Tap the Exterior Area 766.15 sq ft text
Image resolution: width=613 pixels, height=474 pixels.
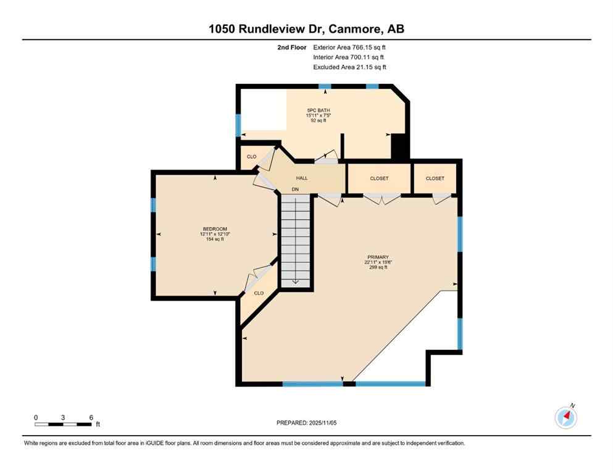click(x=350, y=47)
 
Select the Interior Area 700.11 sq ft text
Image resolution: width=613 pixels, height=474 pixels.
click(x=349, y=57)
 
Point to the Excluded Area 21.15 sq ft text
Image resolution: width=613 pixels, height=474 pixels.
click(x=349, y=67)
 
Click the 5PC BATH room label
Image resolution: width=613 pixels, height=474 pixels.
click(x=319, y=110)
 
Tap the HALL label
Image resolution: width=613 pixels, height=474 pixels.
click(x=302, y=178)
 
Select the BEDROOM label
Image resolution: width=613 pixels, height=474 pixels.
click(x=215, y=229)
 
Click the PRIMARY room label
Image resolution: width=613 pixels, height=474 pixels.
click(x=376, y=257)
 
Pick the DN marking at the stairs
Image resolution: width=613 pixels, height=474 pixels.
click(x=296, y=189)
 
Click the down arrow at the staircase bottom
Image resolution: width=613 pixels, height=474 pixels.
click(x=296, y=281)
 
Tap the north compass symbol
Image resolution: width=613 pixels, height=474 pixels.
click(x=565, y=417)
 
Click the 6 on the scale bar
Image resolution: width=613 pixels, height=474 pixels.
click(x=91, y=418)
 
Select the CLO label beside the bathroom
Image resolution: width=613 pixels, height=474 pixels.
click(x=251, y=157)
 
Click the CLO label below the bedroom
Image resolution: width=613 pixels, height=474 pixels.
click(x=259, y=293)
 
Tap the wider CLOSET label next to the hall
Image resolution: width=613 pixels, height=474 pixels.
click(x=379, y=178)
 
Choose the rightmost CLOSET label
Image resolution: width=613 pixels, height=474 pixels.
click(x=435, y=178)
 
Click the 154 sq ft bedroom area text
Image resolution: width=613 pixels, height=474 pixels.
click(x=215, y=239)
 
